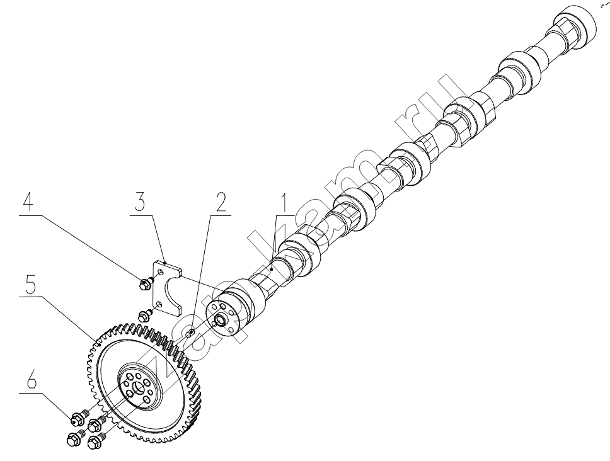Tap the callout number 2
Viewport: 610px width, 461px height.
click(221, 202)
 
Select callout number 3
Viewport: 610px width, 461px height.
click(141, 202)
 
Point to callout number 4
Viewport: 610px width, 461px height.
click(28, 202)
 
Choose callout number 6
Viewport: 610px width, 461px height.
click(31, 381)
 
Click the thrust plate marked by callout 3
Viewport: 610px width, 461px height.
click(166, 283)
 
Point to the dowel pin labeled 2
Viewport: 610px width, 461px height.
click(190, 333)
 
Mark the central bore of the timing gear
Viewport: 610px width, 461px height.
click(138, 388)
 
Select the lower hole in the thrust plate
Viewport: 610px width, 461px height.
click(159, 304)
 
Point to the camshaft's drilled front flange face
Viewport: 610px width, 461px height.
click(223, 316)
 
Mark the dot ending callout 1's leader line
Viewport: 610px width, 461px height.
click(272, 268)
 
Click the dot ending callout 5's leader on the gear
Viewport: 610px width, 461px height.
click(100, 344)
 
